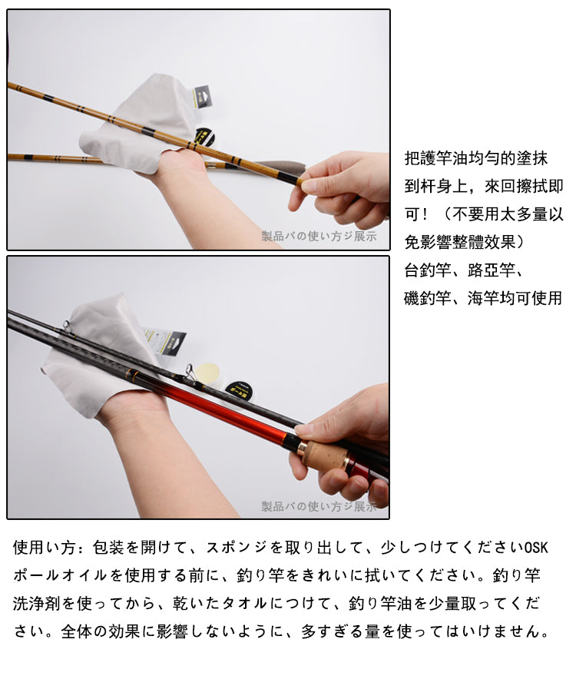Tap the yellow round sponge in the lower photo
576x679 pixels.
[208, 373]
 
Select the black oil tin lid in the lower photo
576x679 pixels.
[239, 389]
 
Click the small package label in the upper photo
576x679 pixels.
[203, 97]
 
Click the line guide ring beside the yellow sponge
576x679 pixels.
[189, 372]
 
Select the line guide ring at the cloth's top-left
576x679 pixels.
[67, 326]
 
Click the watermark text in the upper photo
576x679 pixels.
[319, 236]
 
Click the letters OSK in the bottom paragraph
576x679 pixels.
[536, 548]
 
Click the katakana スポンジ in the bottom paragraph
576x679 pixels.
[236, 548]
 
